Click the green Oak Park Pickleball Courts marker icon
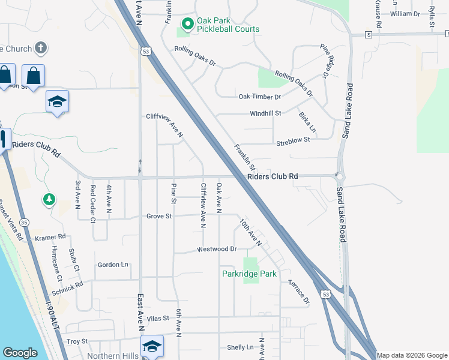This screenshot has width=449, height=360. pos(187,25)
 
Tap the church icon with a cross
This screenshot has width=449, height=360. pos(41,47)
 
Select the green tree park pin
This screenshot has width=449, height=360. pos(49,199)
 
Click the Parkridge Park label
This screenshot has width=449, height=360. pos(249,274)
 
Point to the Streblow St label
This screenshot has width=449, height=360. pos(292,140)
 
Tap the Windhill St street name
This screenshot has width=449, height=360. pos(265,113)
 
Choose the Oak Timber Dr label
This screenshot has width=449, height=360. pos(259,97)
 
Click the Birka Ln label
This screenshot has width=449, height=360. pos(307,123)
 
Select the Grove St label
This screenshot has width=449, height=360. pos(159,216)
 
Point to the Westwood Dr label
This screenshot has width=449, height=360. pos(217,249)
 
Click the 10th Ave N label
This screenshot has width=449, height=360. pos(250,232)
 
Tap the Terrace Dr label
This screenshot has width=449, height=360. pos(298,291)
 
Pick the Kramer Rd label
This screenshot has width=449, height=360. pos(50,238)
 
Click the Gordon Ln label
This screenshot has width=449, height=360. pos(113,265)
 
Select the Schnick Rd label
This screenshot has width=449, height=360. pos(67,287)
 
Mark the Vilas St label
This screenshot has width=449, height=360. pos(158,318)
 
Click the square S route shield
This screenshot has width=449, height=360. pos(368,35)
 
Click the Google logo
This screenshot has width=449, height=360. pos(20,353)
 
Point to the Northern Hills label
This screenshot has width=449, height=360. pos(112,355)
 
